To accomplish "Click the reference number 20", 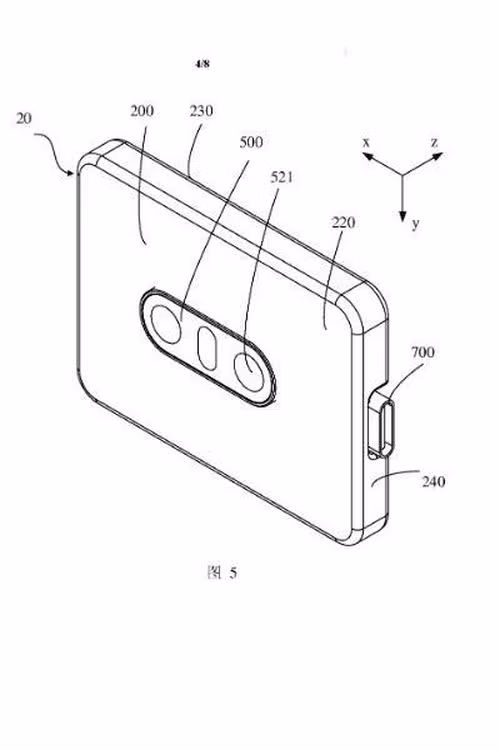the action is (x=24, y=118).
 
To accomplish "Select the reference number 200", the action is (x=142, y=111).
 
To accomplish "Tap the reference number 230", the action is (x=201, y=111).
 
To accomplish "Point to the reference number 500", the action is (x=251, y=142).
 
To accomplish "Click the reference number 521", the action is (x=282, y=177).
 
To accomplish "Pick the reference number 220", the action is (x=344, y=222).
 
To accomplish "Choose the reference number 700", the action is (x=423, y=353).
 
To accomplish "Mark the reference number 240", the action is (x=433, y=481).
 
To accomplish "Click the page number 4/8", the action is (x=202, y=64).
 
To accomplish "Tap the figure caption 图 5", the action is (x=222, y=572).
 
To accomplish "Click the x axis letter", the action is (x=366, y=142).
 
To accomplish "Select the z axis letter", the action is (x=434, y=142).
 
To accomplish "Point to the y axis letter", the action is (x=415, y=223).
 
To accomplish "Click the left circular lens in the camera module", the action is (x=166, y=324).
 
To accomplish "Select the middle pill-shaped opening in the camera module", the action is (x=207, y=349).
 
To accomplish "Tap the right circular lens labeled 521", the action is (x=249, y=372).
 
